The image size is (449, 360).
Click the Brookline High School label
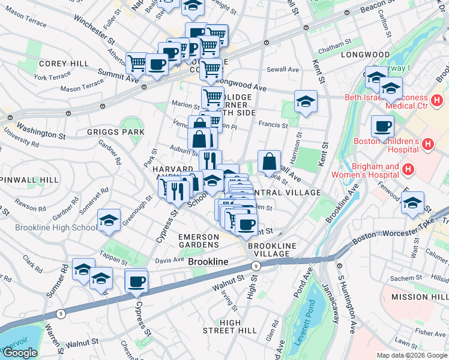(48, 227)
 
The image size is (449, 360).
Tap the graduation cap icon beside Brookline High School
(109, 220)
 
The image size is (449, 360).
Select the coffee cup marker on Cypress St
(137, 280)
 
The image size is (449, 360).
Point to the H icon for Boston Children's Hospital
(428, 144)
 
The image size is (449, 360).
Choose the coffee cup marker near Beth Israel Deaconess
(382, 127)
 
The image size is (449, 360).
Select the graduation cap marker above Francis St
(305, 101)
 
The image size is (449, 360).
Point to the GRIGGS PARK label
(115, 131)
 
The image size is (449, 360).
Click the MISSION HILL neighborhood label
(419, 298)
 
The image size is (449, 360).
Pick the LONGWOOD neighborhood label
(365, 55)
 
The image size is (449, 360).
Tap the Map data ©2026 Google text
(412, 355)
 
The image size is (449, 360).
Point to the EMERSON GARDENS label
(199, 241)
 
